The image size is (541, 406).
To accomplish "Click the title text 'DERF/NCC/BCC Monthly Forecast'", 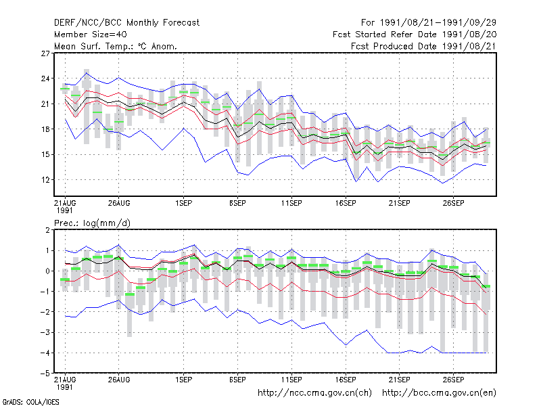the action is tap(126, 23).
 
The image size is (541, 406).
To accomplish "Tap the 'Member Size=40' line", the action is tap(91, 35).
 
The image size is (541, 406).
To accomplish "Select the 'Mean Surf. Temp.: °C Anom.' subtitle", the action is tap(116, 46).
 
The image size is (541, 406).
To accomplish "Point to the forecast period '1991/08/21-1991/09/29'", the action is tap(438, 23).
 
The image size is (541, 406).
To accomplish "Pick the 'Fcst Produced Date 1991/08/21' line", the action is tap(424, 46).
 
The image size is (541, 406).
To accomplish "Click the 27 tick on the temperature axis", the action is tap(45, 53).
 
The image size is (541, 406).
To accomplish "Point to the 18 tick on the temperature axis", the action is tap(45, 129).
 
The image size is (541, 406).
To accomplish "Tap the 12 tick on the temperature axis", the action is tap(45, 180).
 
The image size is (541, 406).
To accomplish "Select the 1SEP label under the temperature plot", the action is tap(183, 203).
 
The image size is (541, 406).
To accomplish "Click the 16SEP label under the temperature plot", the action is tap(346, 203).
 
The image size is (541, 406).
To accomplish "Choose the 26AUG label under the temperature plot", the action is tap(119, 203).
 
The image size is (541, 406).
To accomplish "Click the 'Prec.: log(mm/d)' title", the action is tap(93, 223).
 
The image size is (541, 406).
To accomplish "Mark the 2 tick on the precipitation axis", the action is tap(47, 230).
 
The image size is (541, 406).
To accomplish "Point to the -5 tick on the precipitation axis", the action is tap(45, 374).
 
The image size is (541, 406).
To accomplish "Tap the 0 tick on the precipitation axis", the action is tap(47, 271).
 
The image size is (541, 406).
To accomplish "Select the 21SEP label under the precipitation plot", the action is tap(400, 380).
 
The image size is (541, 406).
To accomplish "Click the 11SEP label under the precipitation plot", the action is tap(291, 380).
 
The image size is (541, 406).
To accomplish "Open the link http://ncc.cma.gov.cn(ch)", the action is tap(314, 393).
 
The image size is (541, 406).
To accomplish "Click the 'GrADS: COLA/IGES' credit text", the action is tap(30, 402).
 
